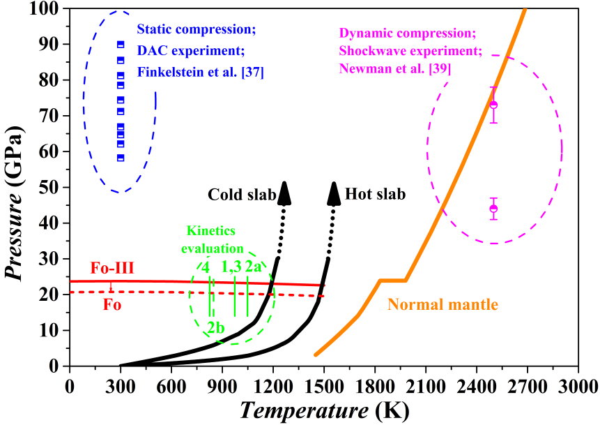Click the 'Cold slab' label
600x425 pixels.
click(x=243, y=195)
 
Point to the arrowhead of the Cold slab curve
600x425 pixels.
click(x=284, y=193)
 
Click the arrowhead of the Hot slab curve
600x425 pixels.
click(x=334, y=193)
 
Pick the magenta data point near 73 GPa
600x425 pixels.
click(x=493, y=105)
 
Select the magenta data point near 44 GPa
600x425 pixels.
click(x=493, y=209)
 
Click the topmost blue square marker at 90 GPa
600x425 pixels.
click(x=121, y=45)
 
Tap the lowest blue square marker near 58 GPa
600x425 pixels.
click(x=121, y=158)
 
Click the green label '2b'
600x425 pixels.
click(x=215, y=327)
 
